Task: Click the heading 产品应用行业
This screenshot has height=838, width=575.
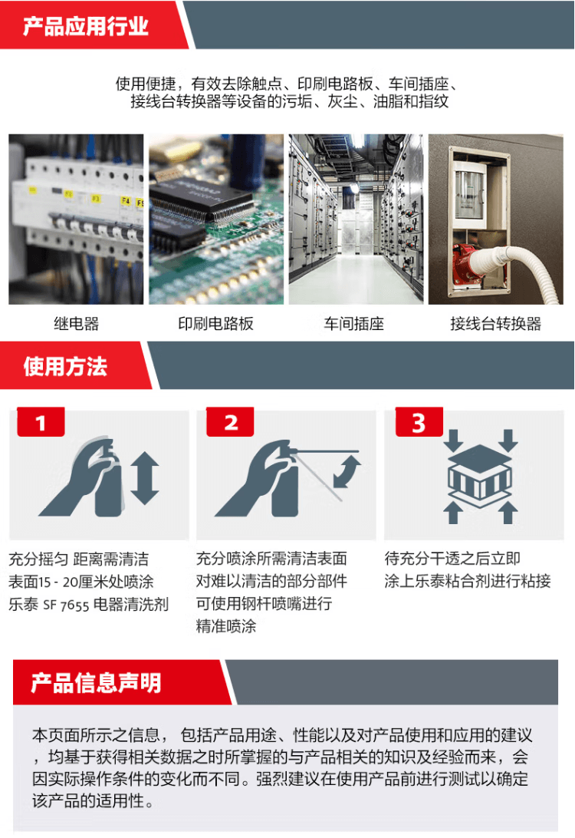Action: (x=85, y=26)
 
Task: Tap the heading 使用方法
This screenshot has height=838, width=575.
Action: (x=65, y=367)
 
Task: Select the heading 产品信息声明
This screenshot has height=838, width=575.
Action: (x=96, y=682)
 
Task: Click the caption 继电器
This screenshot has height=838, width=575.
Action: (x=77, y=323)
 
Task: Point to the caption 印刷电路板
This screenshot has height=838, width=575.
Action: (x=215, y=323)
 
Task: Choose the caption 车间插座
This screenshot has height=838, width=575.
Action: (x=354, y=323)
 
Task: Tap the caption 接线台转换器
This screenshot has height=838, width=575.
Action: (x=495, y=323)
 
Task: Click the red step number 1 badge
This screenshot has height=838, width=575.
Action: (x=41, y=422)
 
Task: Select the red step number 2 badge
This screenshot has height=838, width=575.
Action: (x=230, y=422)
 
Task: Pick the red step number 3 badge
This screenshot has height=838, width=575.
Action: (x=419, y=422)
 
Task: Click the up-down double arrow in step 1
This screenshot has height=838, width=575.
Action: (x=145, y=478)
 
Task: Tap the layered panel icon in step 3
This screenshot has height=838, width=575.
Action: (x=480, y=476)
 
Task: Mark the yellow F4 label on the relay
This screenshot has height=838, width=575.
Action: (x=126, y=201)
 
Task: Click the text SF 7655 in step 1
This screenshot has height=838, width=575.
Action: (x=66, y=605)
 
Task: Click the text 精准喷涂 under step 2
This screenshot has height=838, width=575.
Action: (x=226, y=626)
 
